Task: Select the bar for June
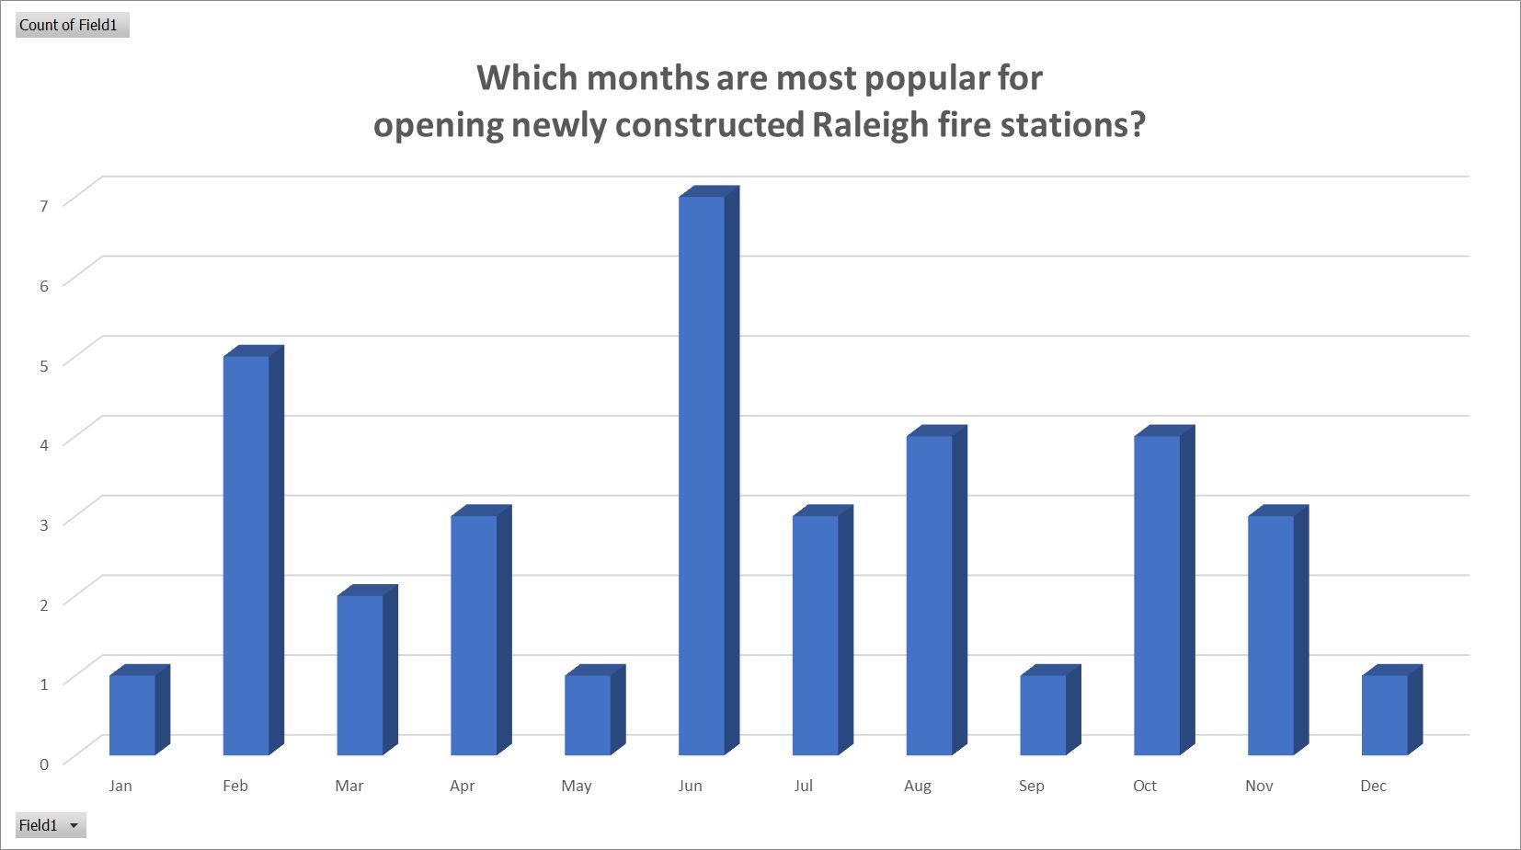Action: pos(709,470)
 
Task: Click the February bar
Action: pos(253,550)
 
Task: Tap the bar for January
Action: pos(139,710)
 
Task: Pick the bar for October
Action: pos(1164,590)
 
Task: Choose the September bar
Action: pos(1050,710)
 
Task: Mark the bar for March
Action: pos(367,670)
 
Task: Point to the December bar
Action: pos(1392,710)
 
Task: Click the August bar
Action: pos(936,590)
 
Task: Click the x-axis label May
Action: pos(577,787)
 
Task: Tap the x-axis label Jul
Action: pos(804,786)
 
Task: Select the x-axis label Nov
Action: pos(1259,786)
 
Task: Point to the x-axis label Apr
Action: pos(462,787)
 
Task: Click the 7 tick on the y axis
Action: pos(44,206)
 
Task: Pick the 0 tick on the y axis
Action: pos(44,764)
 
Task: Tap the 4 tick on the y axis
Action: pos(44,445)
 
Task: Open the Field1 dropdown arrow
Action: pos(74,825)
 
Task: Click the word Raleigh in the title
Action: pos(870,126)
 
